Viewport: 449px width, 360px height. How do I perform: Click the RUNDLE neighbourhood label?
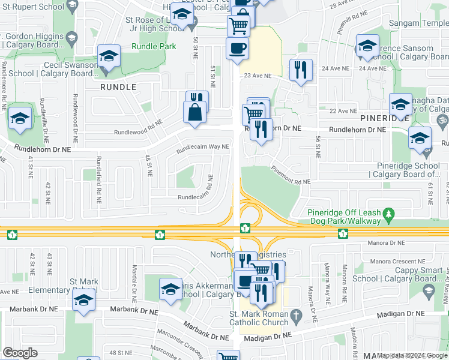click(x=118, y=87)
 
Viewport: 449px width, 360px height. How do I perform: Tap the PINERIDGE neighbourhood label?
click(x=384, y=119)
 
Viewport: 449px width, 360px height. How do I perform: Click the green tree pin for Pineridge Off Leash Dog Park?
click(x=389, y=213)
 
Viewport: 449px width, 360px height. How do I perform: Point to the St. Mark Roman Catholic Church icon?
click(x=295, y=315)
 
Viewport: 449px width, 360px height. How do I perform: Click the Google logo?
click(x=20, y=353)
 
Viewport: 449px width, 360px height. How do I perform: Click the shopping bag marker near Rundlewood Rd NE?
click(x=195, y=112)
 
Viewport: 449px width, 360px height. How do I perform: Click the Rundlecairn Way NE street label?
click(x=202, y=146)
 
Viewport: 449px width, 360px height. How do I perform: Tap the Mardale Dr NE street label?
click(x=133, y=283)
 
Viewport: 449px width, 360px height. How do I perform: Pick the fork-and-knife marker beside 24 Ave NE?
click(x=301, y=70)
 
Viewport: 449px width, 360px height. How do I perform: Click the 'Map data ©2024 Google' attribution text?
click(x=412, y=355)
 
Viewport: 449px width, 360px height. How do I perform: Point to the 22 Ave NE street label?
click(x=343, y=111)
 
